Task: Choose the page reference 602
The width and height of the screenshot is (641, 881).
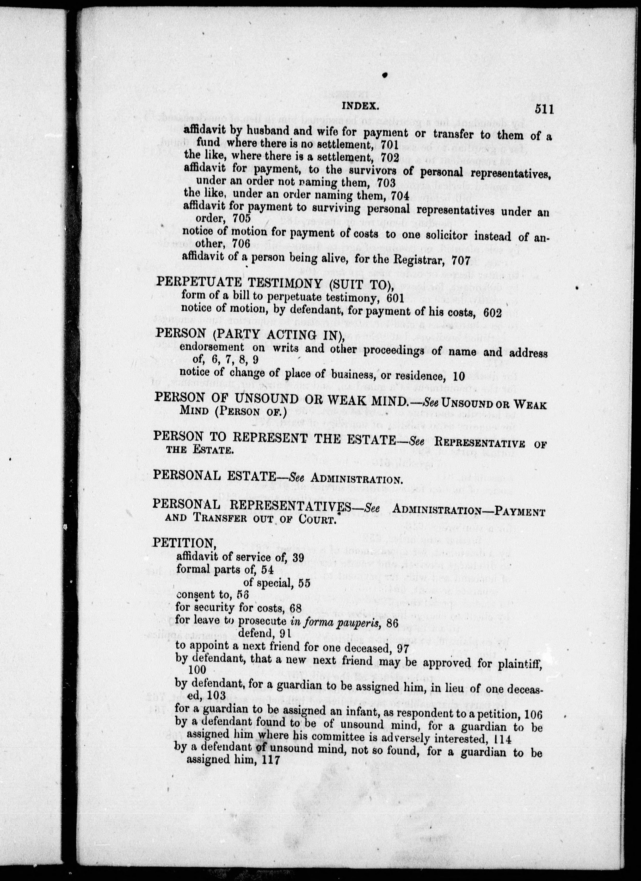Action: coord(492,313)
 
